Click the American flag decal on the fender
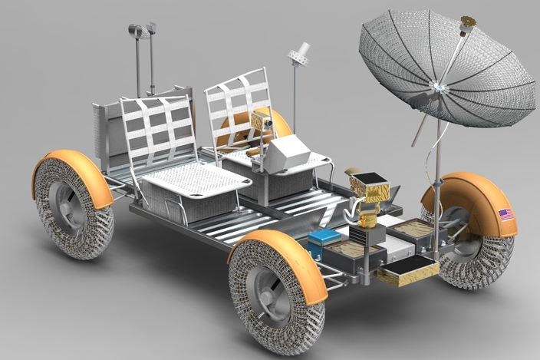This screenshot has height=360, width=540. click(505, 214)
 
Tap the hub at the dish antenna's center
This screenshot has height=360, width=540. click(439, 86)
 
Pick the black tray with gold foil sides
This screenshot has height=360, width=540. click(407, 269)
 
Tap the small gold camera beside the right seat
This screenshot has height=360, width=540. click(262, 120)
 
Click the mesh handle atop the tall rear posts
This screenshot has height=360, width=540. click(142, 30)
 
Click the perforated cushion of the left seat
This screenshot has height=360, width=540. click(196, 178)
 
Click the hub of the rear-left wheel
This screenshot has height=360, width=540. click(67, 206)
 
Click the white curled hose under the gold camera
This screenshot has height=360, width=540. click(352, 210)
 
